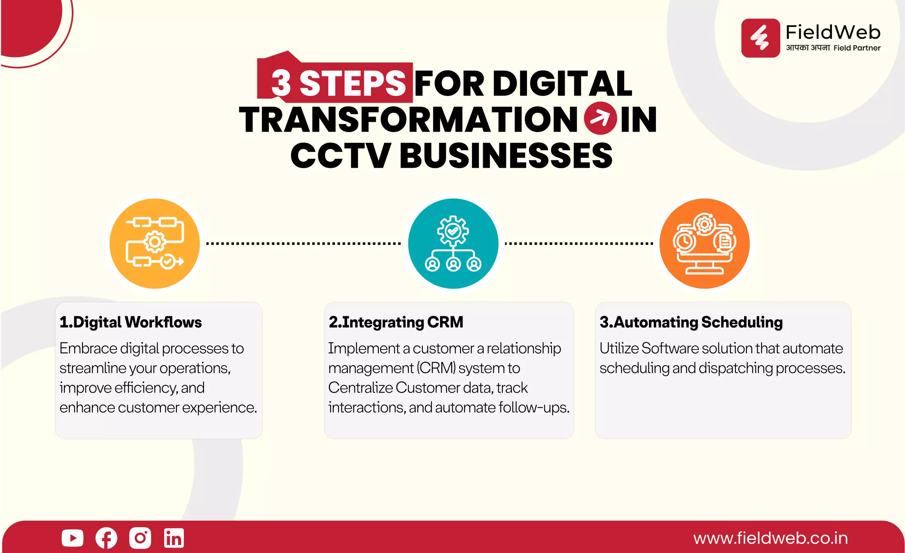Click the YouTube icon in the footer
tap(73, 538)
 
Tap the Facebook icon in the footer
tap(106, 538)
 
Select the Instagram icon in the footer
tap(140, 538)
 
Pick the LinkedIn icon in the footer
tap(174, 538)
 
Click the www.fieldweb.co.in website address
tap(770, 538)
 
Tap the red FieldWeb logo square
tap(761, 38)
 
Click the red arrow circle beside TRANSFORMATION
tap(600, 118)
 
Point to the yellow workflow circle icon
tap(155, 244)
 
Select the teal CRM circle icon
tap(453, 244)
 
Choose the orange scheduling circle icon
tap(704, 244)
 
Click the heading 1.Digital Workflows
tap(131, 322)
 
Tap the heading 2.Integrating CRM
tap(396, 322)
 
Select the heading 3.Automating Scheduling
tap(691, 322)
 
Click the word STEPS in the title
tap(353, 83)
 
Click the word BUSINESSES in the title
tap(506, 155)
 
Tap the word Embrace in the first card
tap(88, 348)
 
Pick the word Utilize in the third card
tap(619, 348)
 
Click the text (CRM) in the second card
tap(436, 368)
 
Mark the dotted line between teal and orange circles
tap(579, 244)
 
